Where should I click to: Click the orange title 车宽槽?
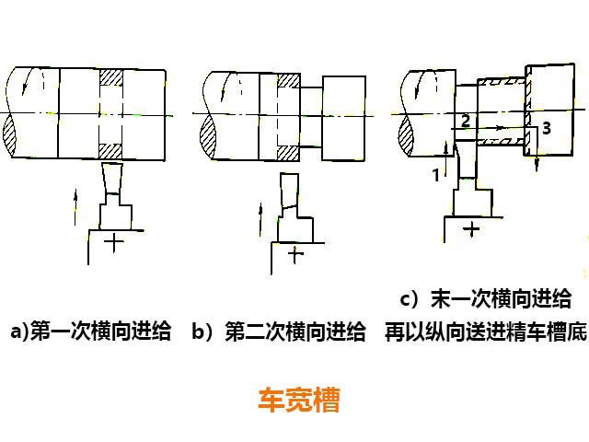click(x=298, y=401)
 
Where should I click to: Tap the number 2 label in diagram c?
click(x=466, y=121)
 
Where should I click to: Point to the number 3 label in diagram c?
click(x=547, y=129)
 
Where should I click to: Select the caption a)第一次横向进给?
click(x=90, y=331)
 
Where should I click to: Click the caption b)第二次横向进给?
click(x=279, y=331)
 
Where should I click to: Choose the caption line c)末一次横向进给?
click(x=486, y=299)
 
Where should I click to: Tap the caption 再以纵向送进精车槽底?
click(x=486, y=331)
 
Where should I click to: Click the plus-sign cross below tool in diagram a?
click(x=114, y=243)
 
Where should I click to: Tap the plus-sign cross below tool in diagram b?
click(x=294, y=255)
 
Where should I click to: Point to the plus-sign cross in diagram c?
click(x=472, y=227)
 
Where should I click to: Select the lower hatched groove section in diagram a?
click(x=110, y=147)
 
